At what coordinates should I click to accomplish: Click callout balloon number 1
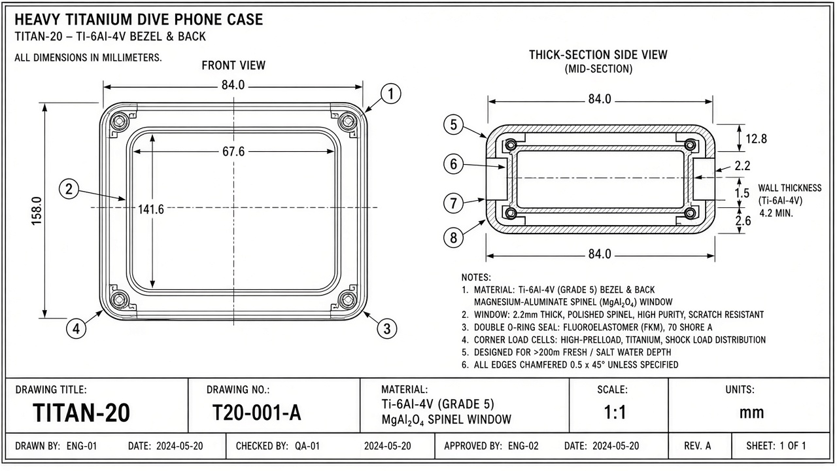coord(391,94)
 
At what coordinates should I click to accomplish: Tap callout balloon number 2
coord(69,189)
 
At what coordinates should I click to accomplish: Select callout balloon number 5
coord(454,124)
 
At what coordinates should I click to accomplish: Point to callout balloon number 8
coord(454,237)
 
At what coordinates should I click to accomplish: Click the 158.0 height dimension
coord(37,211)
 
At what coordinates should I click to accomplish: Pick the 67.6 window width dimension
coord(233,151)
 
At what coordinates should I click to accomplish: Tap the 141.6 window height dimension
coord(151,209)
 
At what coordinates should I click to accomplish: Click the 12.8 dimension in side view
coord(757,139)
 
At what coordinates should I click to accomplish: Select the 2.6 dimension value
coord(743,220)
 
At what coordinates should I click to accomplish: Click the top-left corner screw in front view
coord(120,121)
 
